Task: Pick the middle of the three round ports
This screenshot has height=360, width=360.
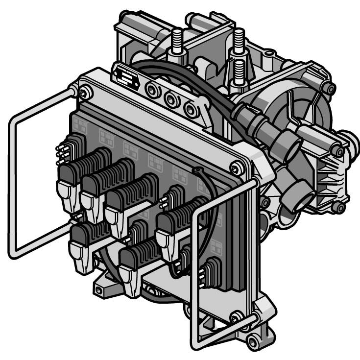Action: coord(170,99)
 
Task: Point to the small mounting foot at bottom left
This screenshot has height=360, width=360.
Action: coord(101,289)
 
